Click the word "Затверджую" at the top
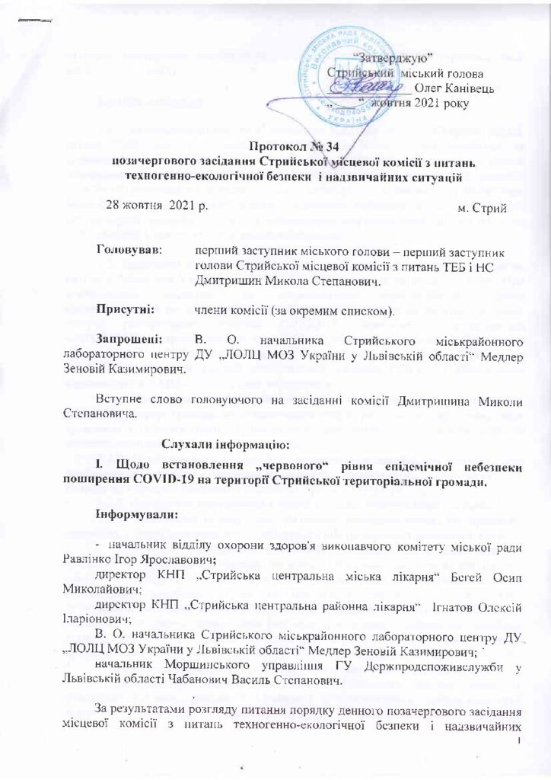click(396, 58)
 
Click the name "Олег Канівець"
click(454, 88)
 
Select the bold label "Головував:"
click(129, 249)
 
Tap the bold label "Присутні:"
click(126, 310)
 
